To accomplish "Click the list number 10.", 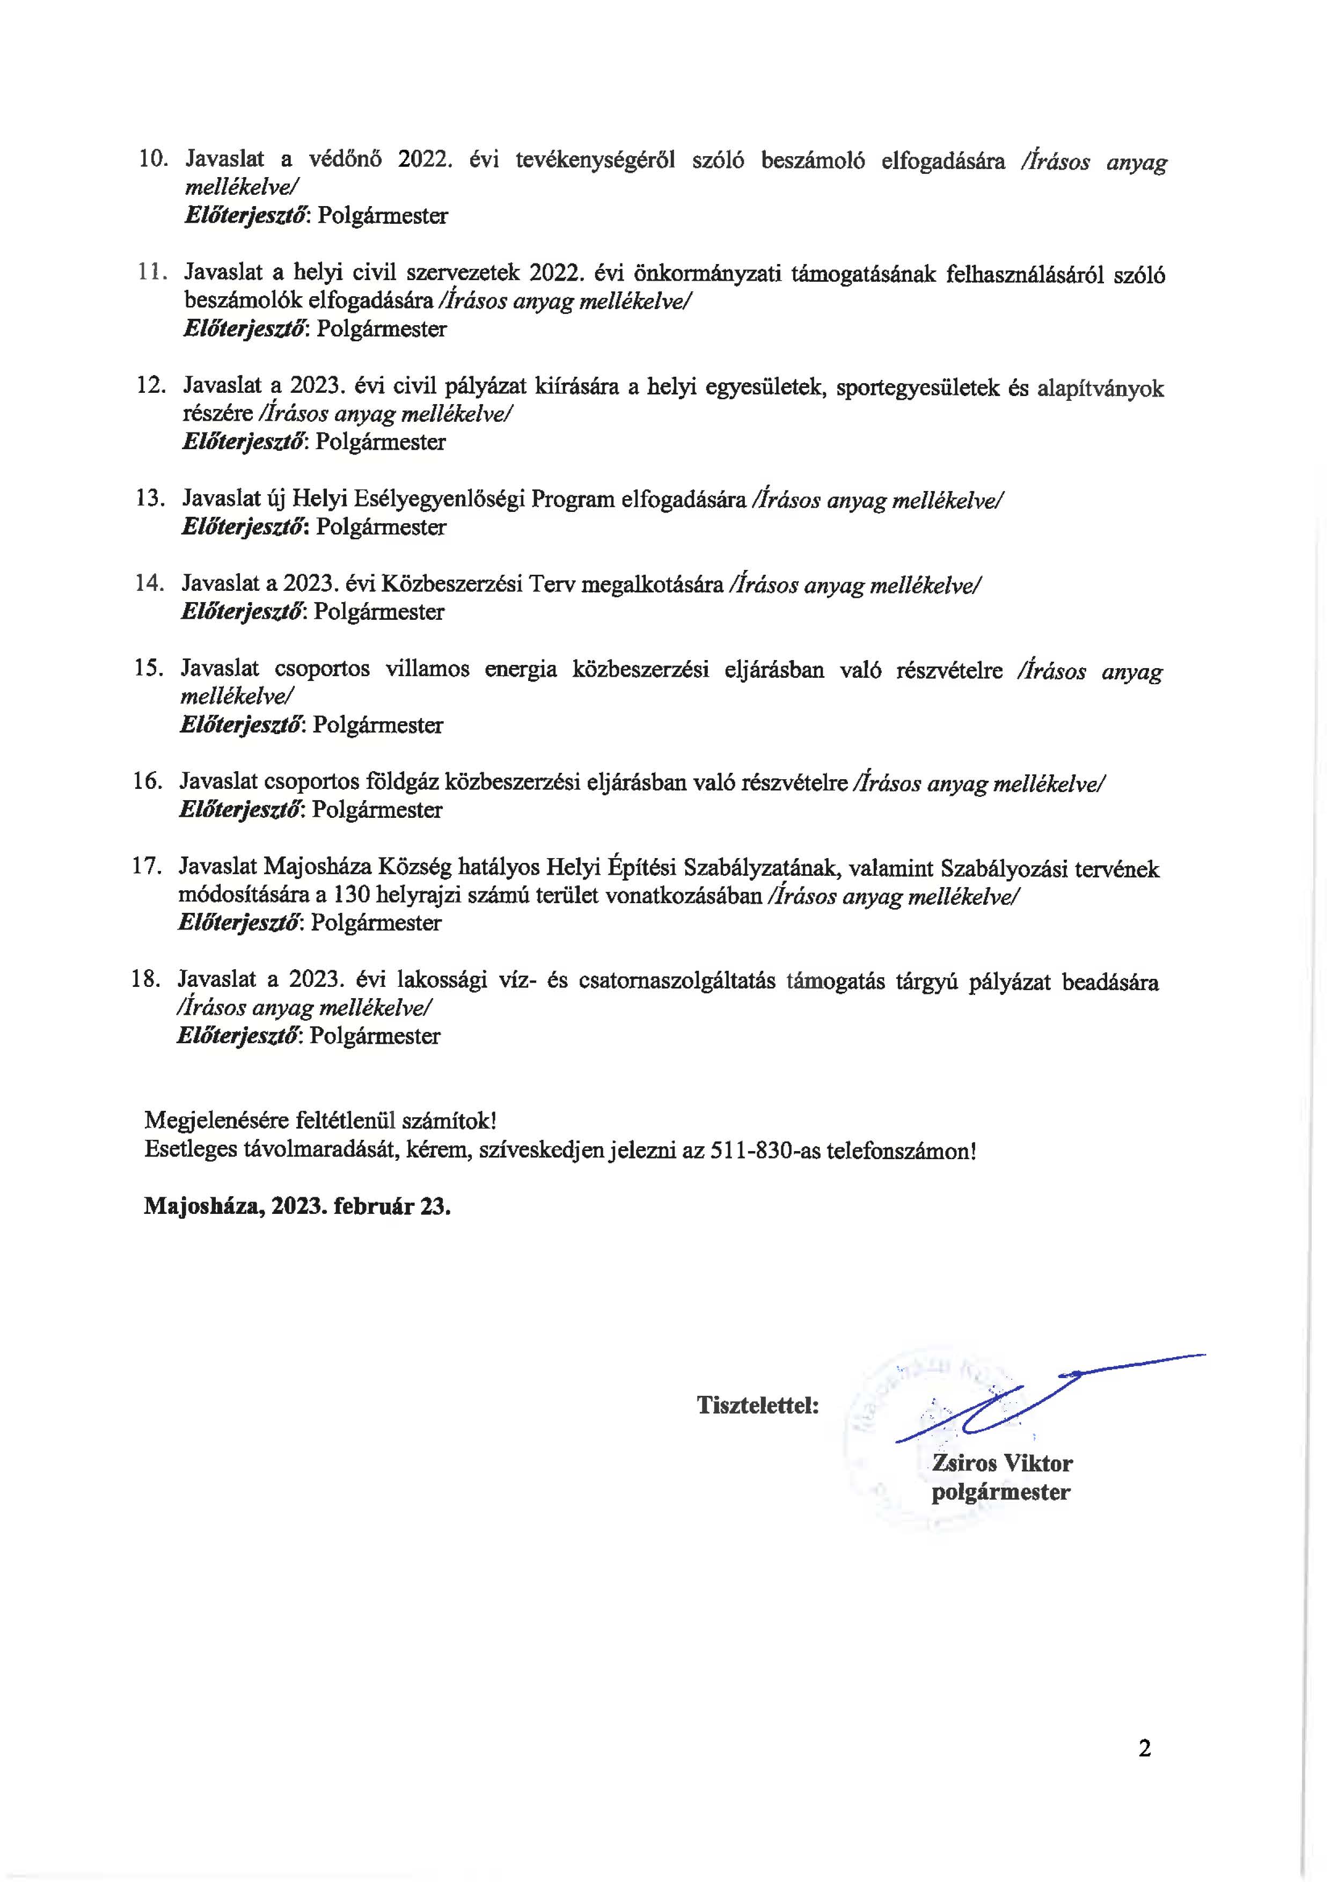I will point(153,159).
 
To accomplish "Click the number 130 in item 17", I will point(350,895).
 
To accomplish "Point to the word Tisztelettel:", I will point(757,1404).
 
